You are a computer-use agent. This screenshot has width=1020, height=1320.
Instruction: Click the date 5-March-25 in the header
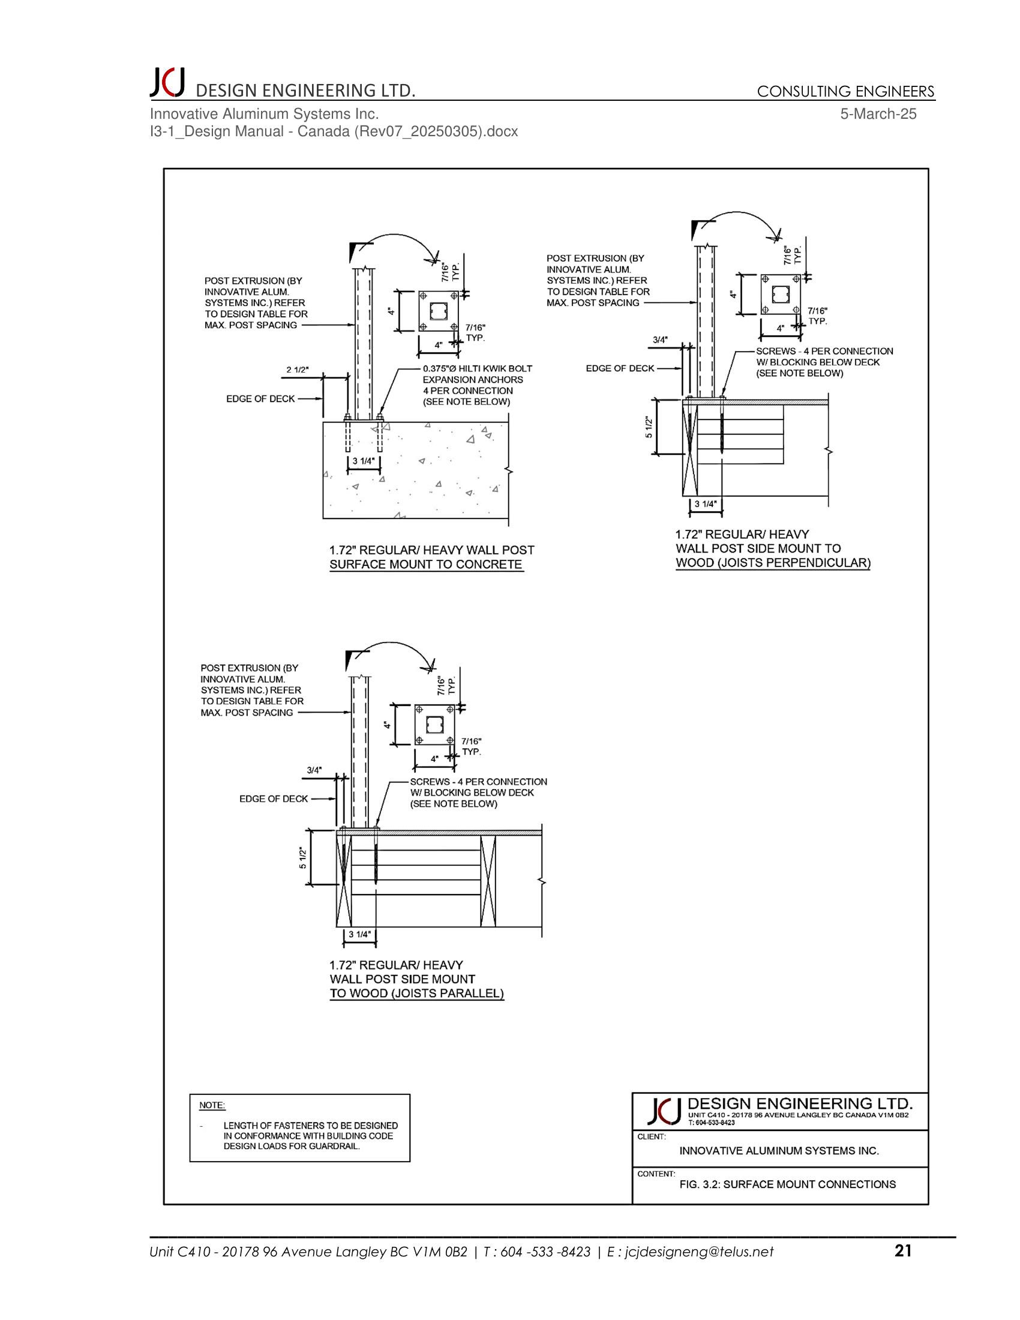point(878,113)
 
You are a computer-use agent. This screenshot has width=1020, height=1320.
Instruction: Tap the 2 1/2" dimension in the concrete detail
point(297,370)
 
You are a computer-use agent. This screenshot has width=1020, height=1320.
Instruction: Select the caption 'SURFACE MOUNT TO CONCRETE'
point(425,565)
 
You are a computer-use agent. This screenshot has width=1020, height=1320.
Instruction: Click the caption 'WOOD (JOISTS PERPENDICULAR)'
point(773,563)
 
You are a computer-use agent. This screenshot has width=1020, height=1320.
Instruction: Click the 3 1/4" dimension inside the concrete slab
point(363,461)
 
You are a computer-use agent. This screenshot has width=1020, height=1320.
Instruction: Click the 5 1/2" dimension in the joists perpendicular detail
point(649,427)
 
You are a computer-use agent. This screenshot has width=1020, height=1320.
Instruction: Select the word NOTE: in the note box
point(212,1105)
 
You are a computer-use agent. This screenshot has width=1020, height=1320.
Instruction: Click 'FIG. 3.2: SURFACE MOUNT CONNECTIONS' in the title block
point(787,1184)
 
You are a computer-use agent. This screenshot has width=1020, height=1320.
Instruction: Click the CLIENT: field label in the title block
point(652,1136)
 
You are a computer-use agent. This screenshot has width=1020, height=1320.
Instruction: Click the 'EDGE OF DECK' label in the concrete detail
point(260,399)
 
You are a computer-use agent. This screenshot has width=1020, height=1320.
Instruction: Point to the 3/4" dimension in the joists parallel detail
point(314,770)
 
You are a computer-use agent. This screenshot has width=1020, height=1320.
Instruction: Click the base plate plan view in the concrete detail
point(439,311)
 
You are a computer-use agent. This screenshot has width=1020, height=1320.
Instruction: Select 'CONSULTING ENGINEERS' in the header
point(845,91)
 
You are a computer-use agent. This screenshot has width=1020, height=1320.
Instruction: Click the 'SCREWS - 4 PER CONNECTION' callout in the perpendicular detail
point(824,351)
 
